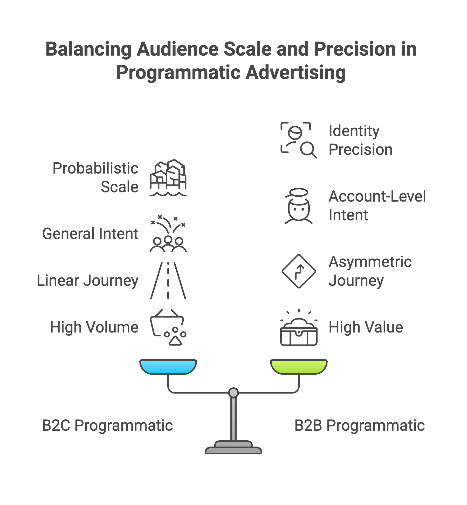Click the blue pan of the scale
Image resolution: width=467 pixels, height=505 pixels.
168,367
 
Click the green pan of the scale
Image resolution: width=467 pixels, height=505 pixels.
299,367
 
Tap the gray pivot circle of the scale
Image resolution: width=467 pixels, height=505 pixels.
233,393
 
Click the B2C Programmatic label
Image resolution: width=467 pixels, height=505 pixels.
107,426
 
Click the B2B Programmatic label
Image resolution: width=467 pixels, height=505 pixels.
359,426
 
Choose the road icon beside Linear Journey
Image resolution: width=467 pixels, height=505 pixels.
168,281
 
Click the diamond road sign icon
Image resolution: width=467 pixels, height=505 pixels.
299,271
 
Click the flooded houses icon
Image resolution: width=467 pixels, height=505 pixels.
168,178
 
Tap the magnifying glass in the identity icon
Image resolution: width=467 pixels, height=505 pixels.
308,150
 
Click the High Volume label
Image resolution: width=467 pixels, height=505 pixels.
94,327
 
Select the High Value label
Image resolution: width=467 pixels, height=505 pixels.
366,327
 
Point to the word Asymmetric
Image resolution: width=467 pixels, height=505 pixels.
370,262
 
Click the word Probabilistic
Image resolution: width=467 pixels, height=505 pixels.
95,168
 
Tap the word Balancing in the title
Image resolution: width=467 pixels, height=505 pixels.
88,49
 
